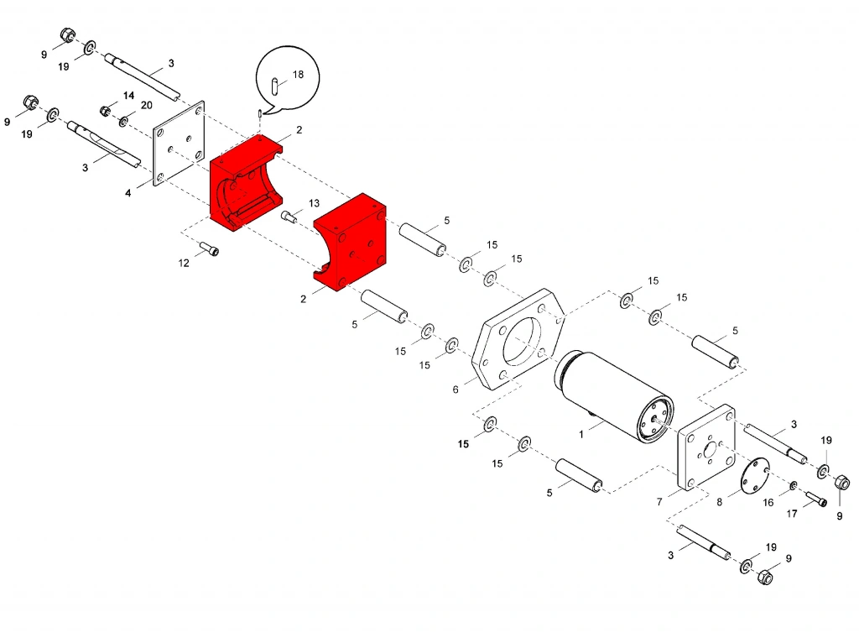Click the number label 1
pos(581,434)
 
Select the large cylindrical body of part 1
pos(614,395)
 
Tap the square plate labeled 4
pos(179,144)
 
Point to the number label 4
pos(128,193)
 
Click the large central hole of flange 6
pos(522,340)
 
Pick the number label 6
pos(456,390)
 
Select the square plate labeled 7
pos(706,447)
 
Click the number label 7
pos(659,501)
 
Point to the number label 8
pos(719,502)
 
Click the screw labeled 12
pos(209,248)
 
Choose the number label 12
pos(184,263)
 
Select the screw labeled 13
pos(289,217)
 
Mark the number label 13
pos(314,203)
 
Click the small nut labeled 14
pos(106,111)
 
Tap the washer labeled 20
pos(124,121)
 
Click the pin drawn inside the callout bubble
pos(275,86)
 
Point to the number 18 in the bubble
pos(298,75)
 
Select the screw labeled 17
pos(816,499)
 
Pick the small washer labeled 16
pos(794,485)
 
